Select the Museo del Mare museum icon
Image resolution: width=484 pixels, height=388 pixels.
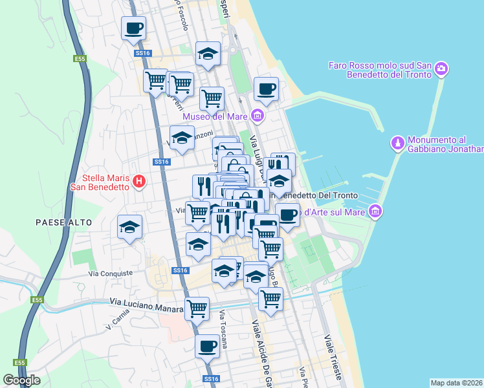pos(258,116)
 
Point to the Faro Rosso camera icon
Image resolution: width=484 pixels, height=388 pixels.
pos(441,69)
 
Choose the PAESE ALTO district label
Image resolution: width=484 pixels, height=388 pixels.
pos(63,222)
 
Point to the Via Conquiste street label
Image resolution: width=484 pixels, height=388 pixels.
pos(111,274)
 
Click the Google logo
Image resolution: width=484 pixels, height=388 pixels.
pos(21,380)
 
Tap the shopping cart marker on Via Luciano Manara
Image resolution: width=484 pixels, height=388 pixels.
pos(197,308)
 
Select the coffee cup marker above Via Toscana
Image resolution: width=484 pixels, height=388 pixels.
pos(207,345)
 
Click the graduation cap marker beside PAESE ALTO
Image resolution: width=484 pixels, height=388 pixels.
pos(129,227)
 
